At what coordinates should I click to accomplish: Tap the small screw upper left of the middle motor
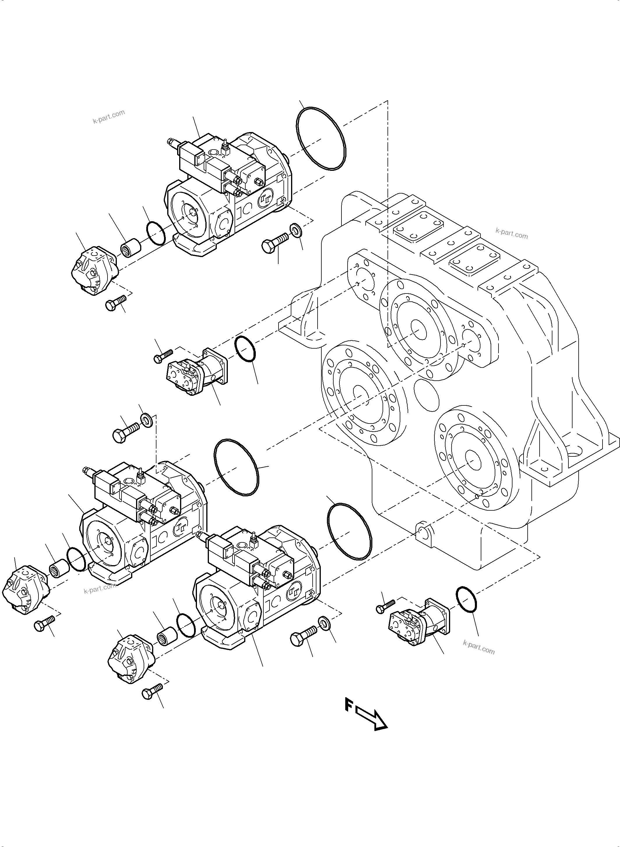coord(163,356)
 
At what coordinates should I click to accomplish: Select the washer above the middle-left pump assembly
coord(146,419)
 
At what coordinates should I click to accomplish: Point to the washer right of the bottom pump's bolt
coord(323,623)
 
